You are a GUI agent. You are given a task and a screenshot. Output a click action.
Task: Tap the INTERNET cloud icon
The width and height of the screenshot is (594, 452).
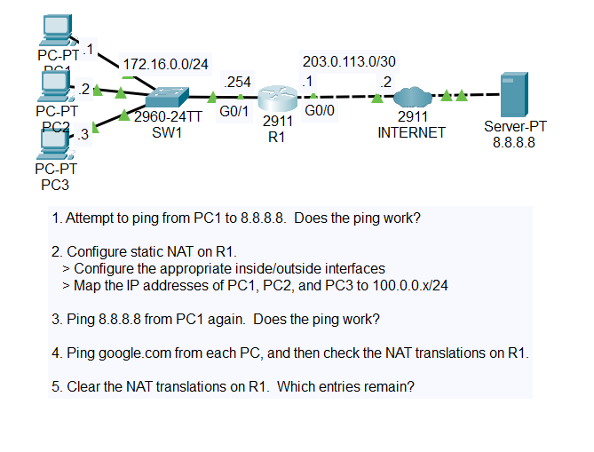pos(411,97)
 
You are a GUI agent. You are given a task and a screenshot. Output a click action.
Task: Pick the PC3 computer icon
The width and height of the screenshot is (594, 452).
pos(55,141)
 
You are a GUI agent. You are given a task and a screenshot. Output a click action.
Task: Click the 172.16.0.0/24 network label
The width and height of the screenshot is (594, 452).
pos(165,64)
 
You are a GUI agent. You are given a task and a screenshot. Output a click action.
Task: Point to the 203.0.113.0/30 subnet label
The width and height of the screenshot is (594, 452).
pos(349,62)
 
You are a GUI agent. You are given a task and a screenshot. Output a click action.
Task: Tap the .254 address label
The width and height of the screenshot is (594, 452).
pos(239,82)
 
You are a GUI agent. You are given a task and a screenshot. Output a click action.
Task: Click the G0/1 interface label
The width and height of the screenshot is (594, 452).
pos(233,113)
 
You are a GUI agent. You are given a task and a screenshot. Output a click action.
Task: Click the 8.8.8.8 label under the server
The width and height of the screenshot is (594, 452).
pos(514,141)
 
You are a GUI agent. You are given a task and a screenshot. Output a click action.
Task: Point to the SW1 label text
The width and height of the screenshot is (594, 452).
pos(167,133)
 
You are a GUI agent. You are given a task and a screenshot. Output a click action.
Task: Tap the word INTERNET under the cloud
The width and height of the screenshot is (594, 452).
pos(411,132)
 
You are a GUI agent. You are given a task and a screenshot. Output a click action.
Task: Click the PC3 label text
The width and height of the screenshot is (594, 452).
pos(55,185)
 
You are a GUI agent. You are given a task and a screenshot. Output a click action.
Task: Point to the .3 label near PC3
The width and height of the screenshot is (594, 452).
pos(84,135)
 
